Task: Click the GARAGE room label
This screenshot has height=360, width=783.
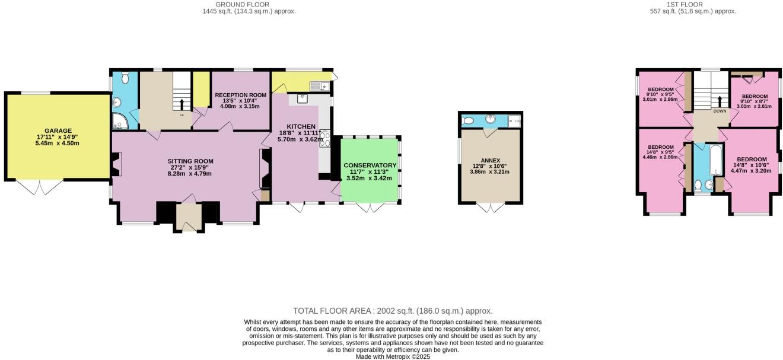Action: click(58, 131)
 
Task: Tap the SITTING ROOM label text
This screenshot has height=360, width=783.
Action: click(190, 161)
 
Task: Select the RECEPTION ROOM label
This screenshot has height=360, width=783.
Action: click(240, 95)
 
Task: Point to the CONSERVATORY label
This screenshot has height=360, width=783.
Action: click(370, 165)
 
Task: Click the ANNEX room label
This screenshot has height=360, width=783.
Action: click(490, 160)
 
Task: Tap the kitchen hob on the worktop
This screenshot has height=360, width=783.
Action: click(325, 139)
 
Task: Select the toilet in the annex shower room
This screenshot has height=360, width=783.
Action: click(468, 120)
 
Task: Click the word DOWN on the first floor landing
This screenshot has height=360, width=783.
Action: click(720, 111)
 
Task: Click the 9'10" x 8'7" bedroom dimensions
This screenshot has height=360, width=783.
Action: click(755, 101)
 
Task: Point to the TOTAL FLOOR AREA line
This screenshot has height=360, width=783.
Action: click(393, 311)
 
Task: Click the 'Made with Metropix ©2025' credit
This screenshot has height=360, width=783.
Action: click(393, 356)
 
